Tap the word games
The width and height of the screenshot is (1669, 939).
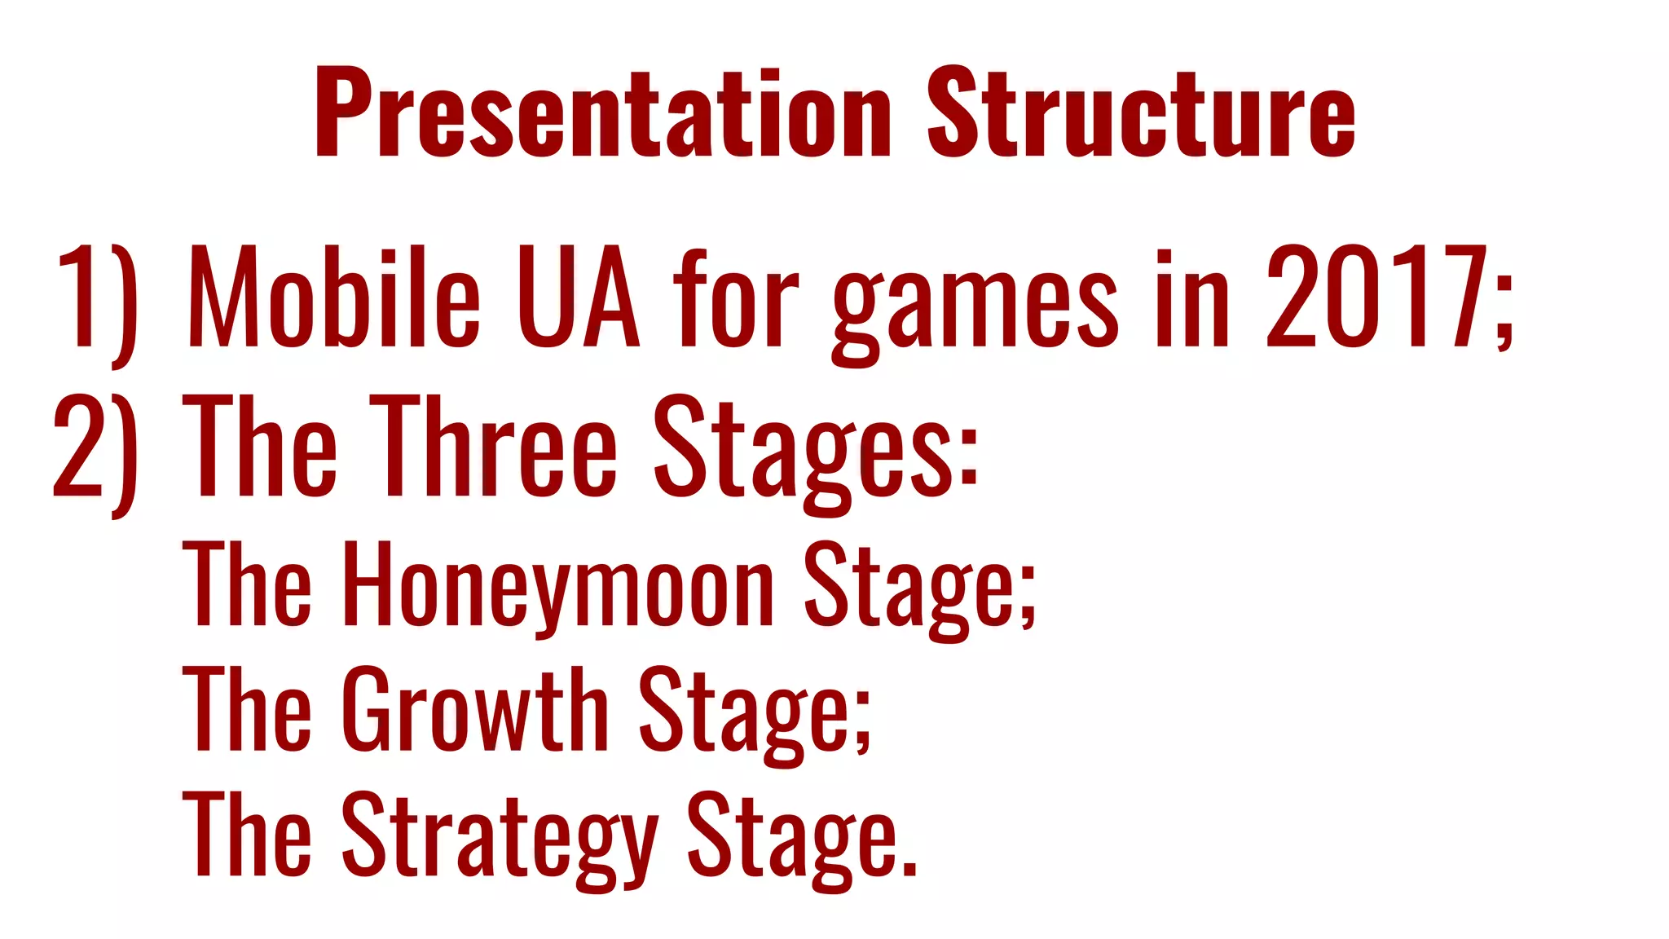975,306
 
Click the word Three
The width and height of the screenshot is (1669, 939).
497,448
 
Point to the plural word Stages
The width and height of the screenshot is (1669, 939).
803,452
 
